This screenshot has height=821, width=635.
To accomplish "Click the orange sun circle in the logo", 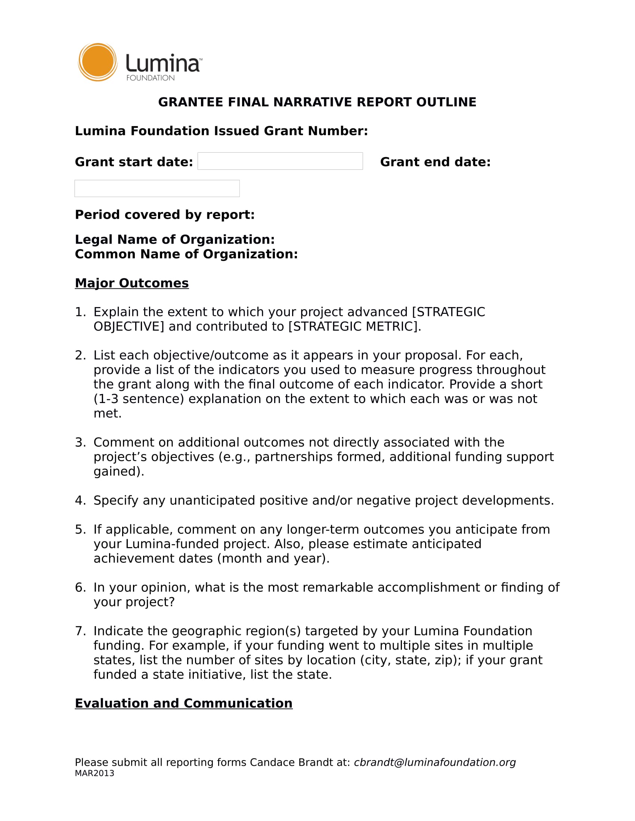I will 97,62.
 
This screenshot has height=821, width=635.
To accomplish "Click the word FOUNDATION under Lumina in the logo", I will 150,78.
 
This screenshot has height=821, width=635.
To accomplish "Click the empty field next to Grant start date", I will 280,161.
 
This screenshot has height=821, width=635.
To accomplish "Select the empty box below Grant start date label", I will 157,188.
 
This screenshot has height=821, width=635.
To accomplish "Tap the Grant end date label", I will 435,162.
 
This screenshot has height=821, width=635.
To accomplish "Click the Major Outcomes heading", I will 131,283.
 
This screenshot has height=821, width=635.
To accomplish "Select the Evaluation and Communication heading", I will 183,703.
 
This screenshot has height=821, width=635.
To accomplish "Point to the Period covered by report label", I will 165,215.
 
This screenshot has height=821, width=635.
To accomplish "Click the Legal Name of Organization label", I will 174,240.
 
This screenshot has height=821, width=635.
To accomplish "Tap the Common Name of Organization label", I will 186,254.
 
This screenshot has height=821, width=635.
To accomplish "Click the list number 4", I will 80,500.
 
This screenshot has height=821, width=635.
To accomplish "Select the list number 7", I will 80,631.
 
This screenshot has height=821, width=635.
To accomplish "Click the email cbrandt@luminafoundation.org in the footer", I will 434,762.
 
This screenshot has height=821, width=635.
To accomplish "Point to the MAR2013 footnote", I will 95,773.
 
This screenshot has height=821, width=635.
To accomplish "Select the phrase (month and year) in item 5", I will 273,558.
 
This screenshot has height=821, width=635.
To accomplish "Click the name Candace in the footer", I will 272,762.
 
